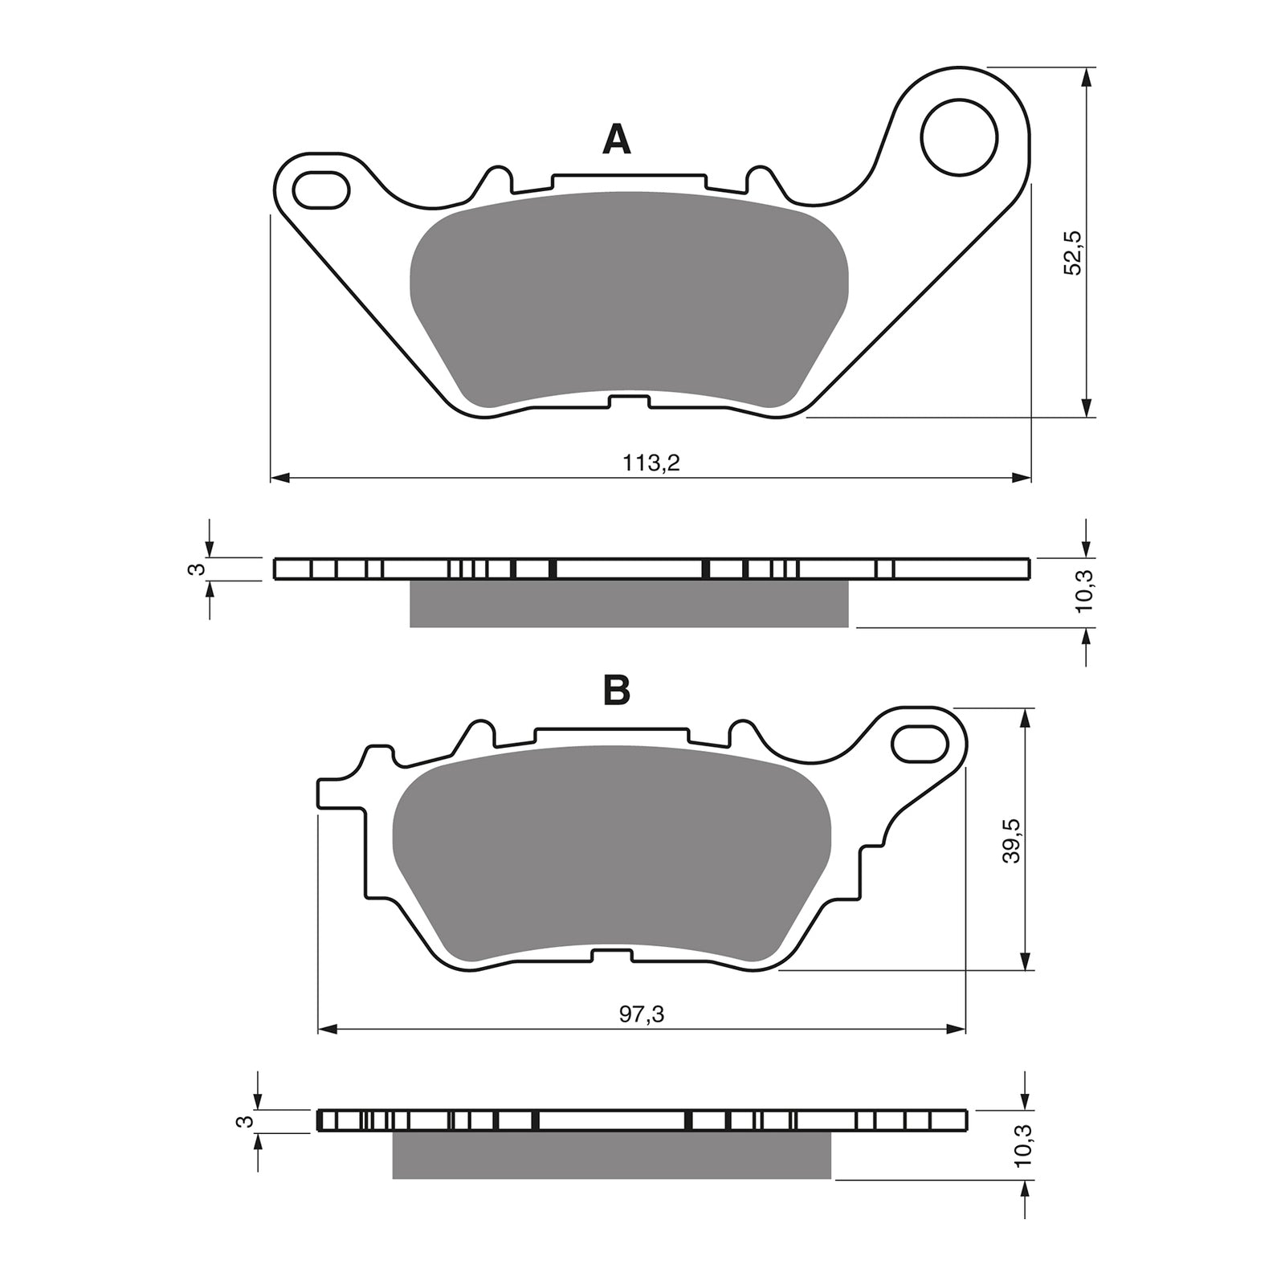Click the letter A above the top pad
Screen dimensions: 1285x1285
tap(616, 140)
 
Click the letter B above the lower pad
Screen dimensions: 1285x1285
tap(616, 690)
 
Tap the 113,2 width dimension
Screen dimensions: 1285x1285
tap(651, 463)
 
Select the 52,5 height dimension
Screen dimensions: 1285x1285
tap(1073, 252)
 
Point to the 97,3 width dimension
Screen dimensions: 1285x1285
tap(642, 1014)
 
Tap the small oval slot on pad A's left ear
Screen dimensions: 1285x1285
tap(322, 190)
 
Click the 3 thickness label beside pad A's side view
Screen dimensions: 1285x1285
tap(193, 569)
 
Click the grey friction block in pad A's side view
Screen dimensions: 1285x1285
tap(629, 604)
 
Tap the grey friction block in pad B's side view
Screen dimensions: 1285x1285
tap(611, 1156)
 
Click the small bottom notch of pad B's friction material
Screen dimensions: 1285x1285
tap(611, 955)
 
